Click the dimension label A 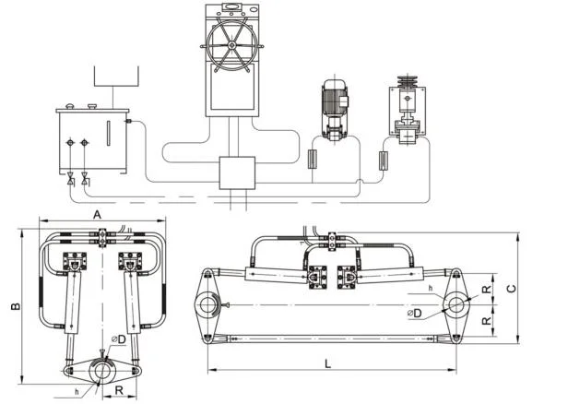[x=97, y=215]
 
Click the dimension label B [x=15, y=306]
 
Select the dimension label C [x=511, y=289]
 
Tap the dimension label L [x=327, y=363]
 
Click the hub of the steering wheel [x=231, y=45]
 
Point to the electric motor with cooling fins [x=335, y=101]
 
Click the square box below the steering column [x=237, y=172]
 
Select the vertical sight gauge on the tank [x=108, y=134]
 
